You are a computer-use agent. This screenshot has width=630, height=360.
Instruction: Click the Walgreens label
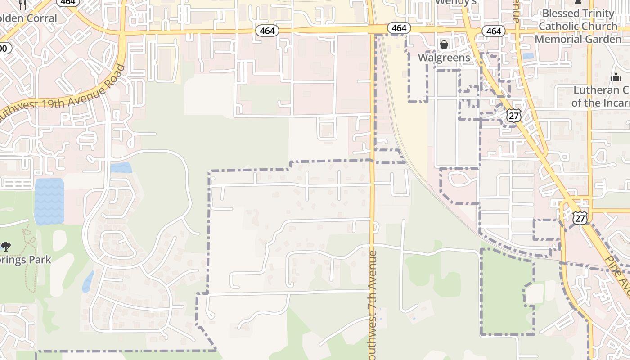[444, 58]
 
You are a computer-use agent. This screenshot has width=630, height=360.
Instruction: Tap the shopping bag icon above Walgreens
[444, 45]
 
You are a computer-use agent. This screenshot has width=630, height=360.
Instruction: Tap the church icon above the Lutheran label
[616, 77]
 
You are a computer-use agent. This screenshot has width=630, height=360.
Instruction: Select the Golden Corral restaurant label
[29, 18]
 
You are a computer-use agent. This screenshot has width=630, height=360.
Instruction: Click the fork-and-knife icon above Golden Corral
[23, 5]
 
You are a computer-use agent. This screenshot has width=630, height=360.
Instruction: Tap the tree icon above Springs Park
[6, 246]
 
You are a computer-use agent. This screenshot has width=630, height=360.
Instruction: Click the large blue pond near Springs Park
[49, 201]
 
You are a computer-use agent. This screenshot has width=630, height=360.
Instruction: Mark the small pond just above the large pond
[121, 167]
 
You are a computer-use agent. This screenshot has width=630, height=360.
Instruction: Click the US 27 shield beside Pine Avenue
[580, 218]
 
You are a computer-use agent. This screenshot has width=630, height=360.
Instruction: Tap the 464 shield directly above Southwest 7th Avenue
[399, 28]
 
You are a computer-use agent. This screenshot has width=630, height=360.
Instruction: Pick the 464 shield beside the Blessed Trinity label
[494, 31]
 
